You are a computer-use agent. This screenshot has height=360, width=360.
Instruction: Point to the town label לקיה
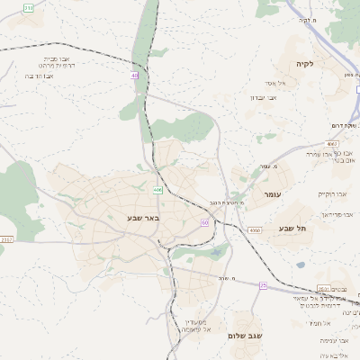coord(301,64)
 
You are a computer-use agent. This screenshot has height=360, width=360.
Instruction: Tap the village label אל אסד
coord(278,83)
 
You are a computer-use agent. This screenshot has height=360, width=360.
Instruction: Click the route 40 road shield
coord(135,76)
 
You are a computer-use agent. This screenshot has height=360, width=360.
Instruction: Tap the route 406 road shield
coord(157,190)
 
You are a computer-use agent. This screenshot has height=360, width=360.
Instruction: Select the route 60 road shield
coord(205,221)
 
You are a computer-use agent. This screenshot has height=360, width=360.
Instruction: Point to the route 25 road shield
coord(263,284)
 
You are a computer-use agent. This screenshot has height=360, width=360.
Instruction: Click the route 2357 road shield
coord(7,239)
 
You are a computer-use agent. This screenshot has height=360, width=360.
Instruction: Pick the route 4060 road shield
coord(256,230)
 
